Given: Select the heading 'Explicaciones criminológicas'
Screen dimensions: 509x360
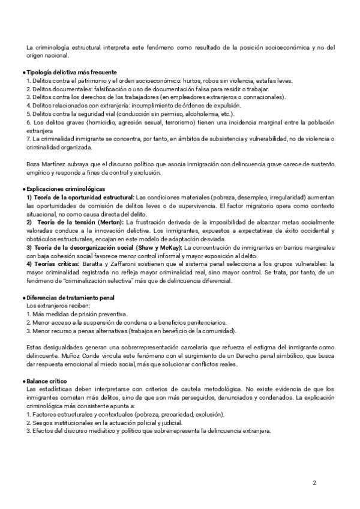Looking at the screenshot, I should click(x=64, y=189).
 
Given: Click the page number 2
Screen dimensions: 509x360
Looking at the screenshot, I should click(x=314, y=481).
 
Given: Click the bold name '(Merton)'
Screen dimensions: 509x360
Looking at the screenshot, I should click(x=107, y=221).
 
